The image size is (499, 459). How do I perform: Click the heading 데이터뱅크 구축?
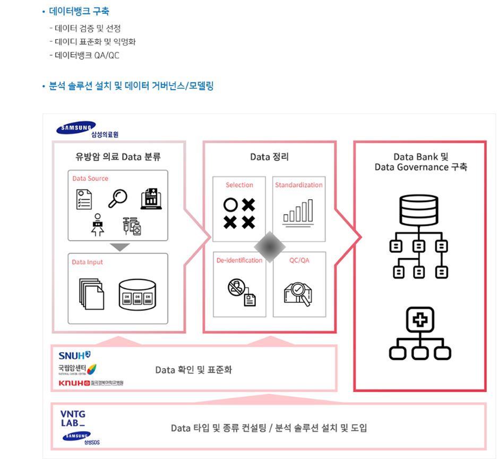79,11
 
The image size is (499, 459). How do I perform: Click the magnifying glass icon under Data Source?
117,198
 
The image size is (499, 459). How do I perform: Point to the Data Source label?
90,178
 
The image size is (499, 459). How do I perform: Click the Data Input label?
88,262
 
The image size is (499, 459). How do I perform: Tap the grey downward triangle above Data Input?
121,246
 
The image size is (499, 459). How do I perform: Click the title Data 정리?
269,157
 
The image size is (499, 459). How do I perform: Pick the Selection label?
239,185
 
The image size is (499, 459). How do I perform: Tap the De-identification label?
239,260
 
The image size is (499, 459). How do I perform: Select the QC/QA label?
299,260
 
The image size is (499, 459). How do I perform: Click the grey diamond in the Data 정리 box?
270,247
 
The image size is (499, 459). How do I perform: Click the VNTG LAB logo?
73,418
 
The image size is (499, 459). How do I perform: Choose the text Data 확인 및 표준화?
193,369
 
